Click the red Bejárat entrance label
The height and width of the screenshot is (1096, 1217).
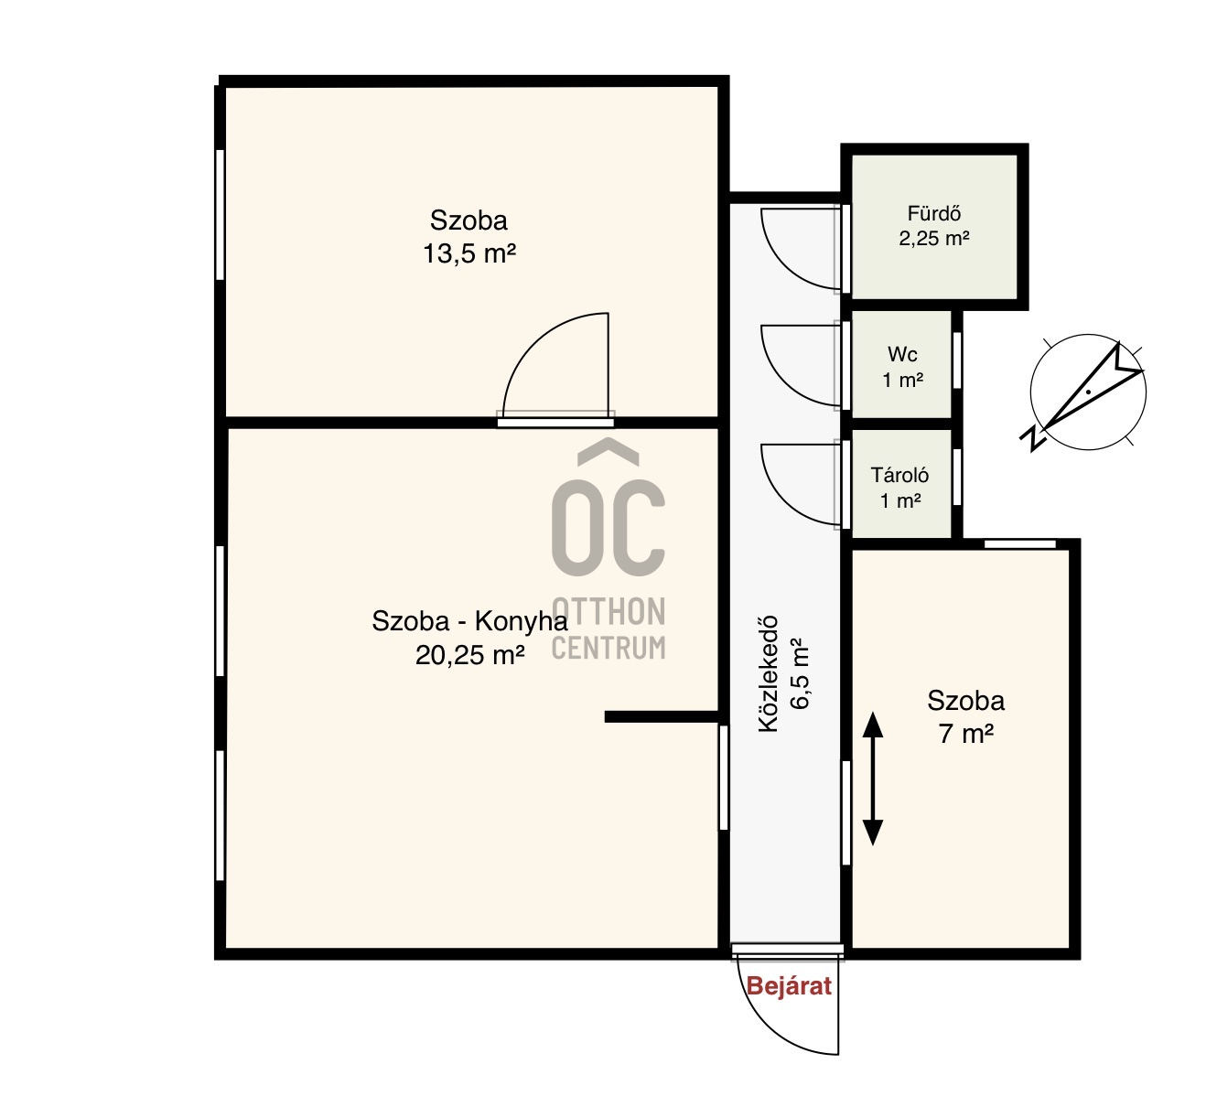coord(789,985)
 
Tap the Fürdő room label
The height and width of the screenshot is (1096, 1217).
coord(933,213)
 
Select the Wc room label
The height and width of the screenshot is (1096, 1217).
coord(902,354)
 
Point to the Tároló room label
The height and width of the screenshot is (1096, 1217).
coord(899,475)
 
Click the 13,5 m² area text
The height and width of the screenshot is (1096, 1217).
coord(469,253)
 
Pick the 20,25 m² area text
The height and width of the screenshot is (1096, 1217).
coord(469,655)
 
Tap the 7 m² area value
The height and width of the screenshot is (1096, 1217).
coord(966,734)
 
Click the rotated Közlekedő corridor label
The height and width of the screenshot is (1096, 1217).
coord(768,674)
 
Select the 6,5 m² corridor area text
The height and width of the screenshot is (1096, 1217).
coord(800,672)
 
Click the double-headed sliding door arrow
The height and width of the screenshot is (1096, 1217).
coord(872,779)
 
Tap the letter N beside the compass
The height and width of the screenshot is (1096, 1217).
coord(1032,438)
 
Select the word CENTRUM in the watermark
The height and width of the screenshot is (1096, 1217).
coord(608,647)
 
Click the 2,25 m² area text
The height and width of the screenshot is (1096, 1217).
coord(933,239)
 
